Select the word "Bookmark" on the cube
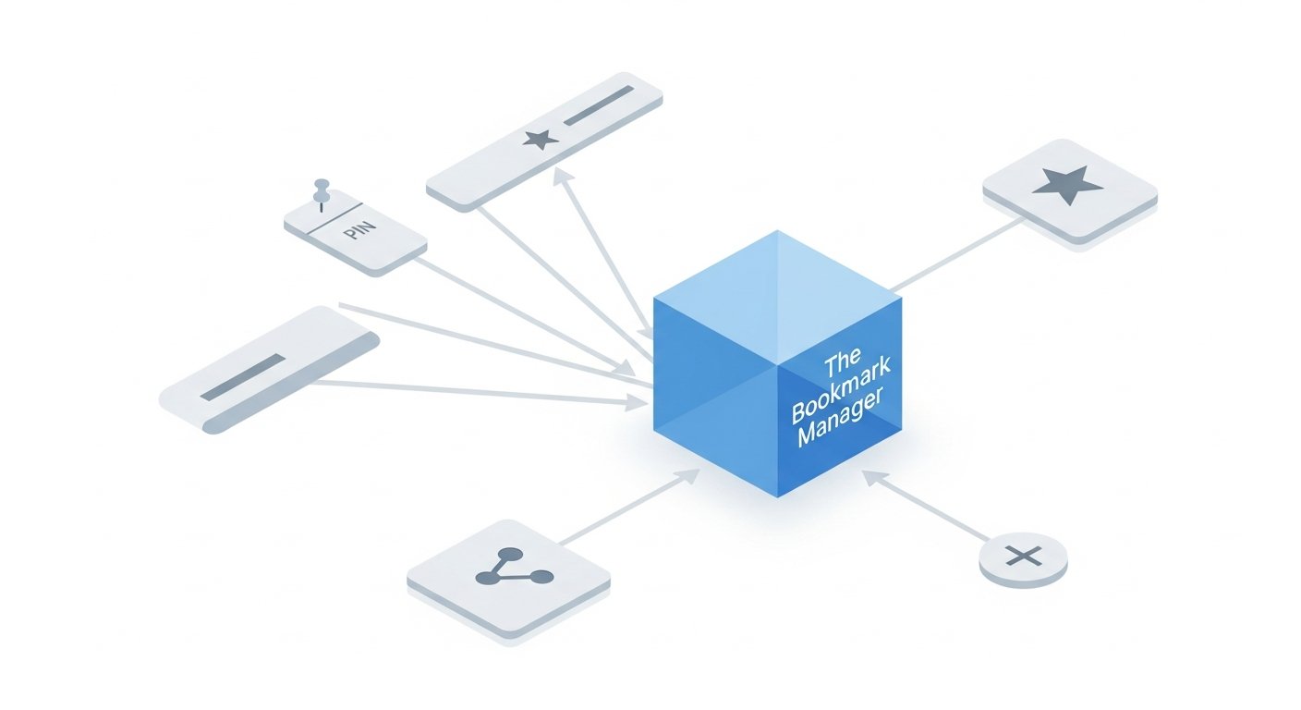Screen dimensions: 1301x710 (x=841, y=391)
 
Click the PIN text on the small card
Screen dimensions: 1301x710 (x=359, y=231)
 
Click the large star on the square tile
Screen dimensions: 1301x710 (x=1067, y=185)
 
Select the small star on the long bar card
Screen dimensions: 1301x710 (x=541, y=140)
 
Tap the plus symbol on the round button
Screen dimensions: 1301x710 (x=1024, y=556)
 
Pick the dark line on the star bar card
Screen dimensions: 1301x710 (x=598, y=105)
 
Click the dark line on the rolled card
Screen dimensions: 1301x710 (x=243, y=377)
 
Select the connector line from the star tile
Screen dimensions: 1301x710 (x=956, y=254)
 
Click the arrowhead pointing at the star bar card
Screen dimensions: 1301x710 (x=562, y=176)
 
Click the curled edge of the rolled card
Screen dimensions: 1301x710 (x=290, y=384)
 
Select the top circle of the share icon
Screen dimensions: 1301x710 (x=510, y=555)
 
